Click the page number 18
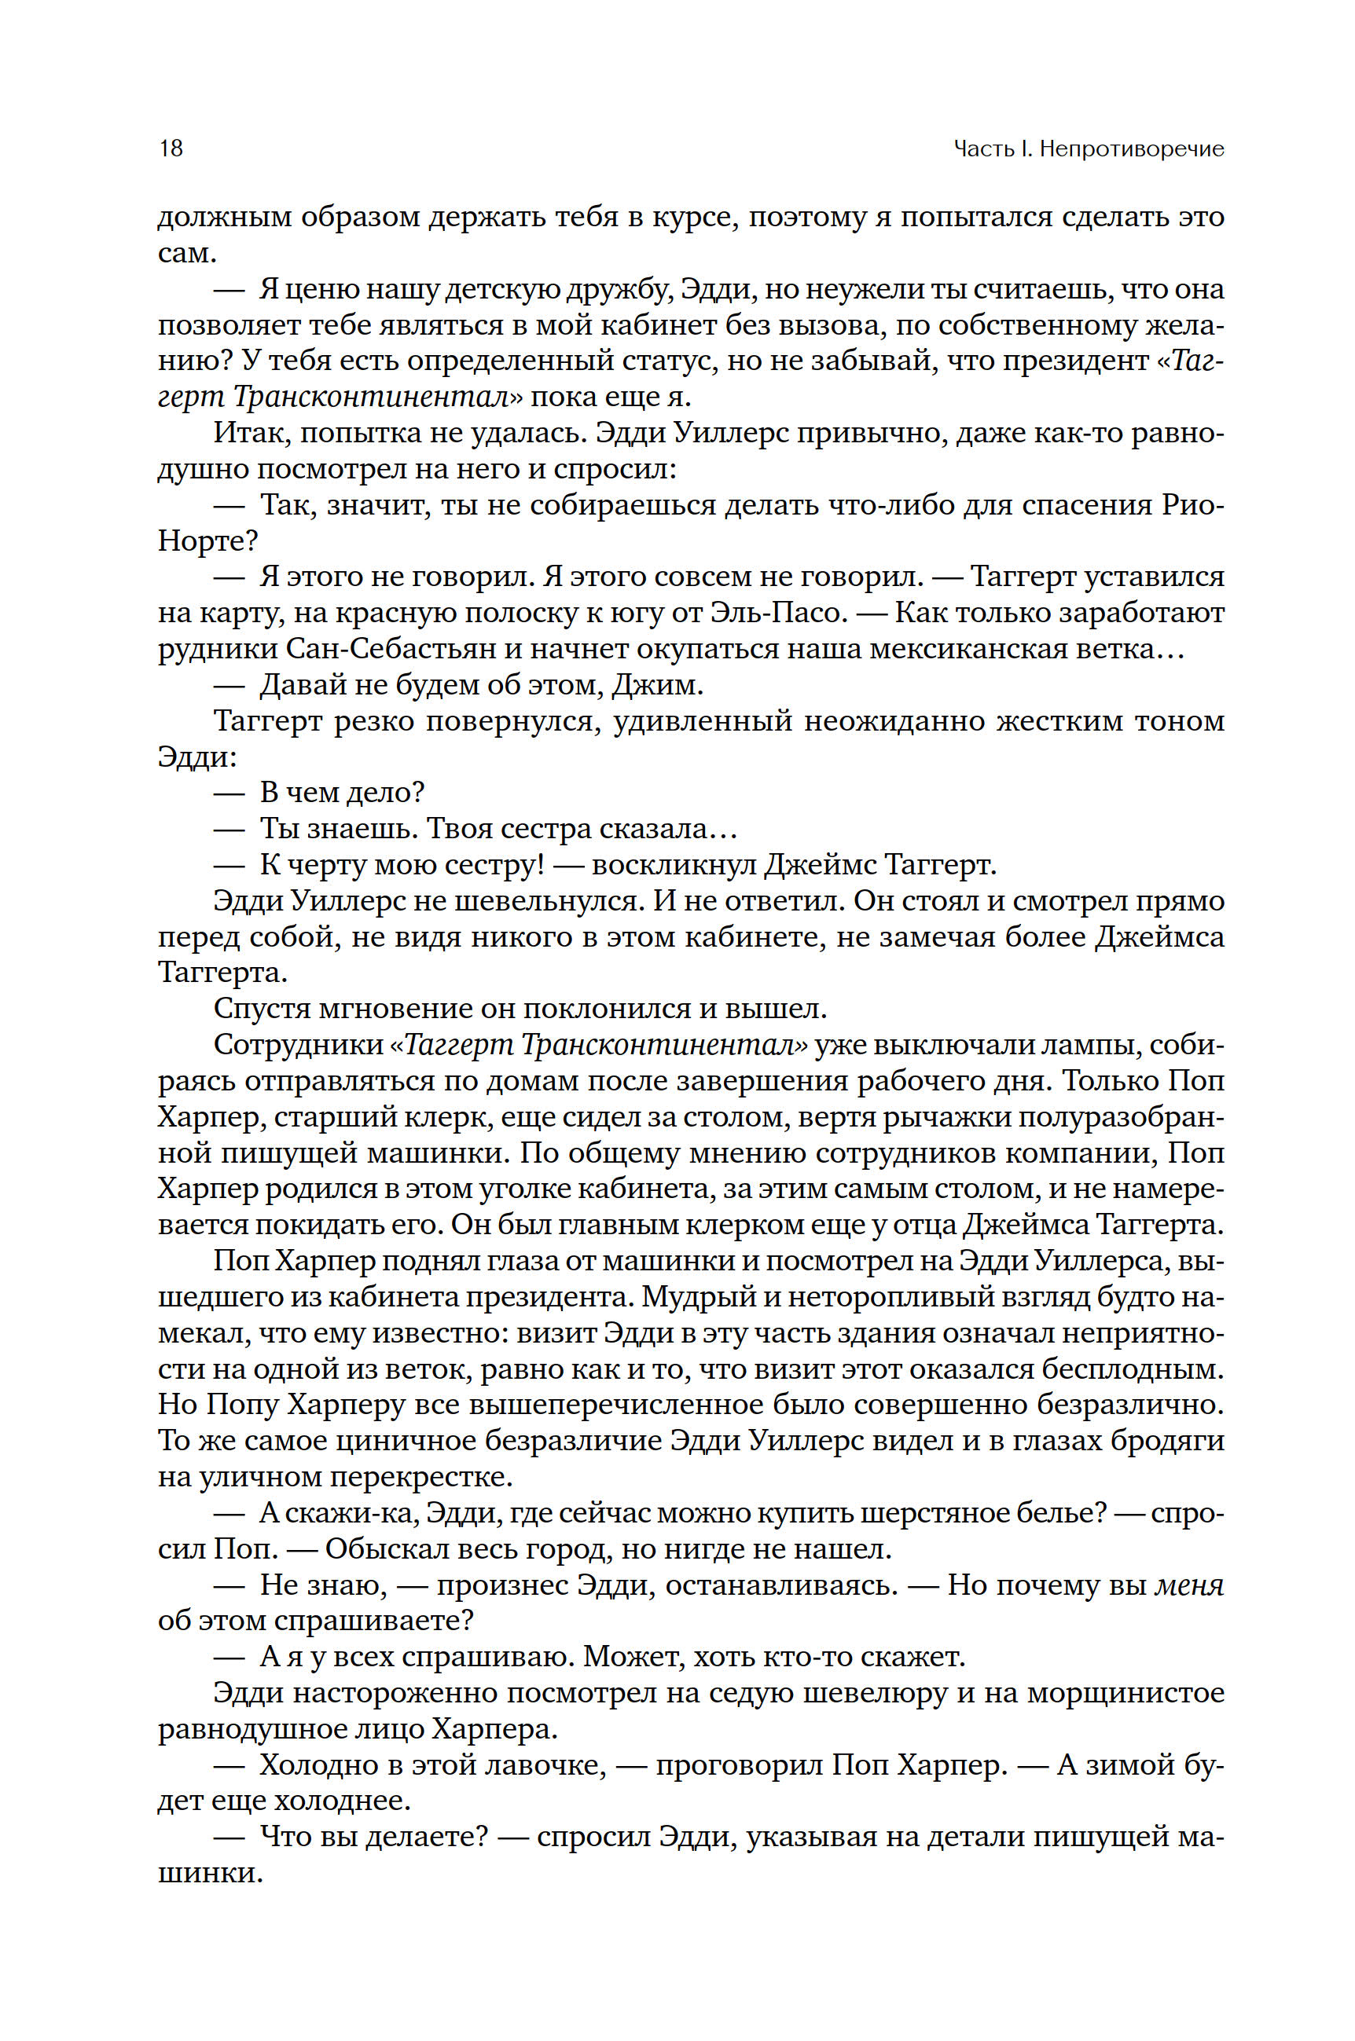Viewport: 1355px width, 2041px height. (171, 148)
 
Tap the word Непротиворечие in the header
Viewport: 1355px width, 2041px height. (1131, 148)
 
